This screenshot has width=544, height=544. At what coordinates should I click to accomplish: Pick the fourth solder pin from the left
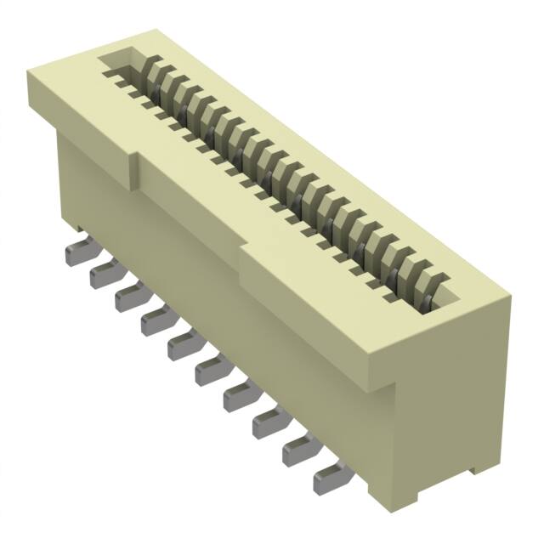[156, 320]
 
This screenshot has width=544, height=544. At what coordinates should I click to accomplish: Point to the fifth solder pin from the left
[183, 345]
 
